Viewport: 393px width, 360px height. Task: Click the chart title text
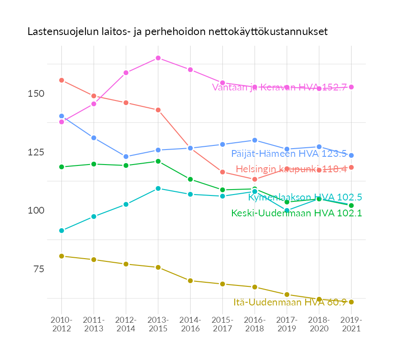(x=177, y=32)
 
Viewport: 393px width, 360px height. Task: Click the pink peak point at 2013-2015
(x=158, y=58)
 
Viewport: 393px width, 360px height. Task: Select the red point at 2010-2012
(x=61, y=80)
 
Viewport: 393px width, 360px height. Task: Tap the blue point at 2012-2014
(x=126, y=156)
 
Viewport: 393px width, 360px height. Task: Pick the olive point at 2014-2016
(x=190, y=280)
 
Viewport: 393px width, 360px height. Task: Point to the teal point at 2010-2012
(x=61, y=230)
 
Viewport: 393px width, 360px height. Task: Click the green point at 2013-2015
(x=158, y=161)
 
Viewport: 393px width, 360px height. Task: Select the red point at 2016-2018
(x=255, y=179)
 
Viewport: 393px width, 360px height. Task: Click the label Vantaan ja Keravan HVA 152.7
(x=280, y=87)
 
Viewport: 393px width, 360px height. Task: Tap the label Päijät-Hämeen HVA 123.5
(x=289, y=154)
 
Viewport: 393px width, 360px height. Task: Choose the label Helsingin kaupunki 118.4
(x=291, y=169)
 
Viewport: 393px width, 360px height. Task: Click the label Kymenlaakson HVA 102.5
(x=305, y=197)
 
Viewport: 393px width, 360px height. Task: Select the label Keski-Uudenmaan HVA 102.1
(x=297, y=213)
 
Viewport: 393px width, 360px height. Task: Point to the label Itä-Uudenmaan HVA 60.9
(x=290, y=302)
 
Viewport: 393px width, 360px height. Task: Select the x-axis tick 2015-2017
(x=222, y=324)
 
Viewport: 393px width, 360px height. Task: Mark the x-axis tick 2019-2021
(x=351, y=324)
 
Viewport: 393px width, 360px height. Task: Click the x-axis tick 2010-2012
(x=61, y=324)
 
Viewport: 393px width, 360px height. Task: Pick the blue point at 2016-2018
(x=255, y=140)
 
